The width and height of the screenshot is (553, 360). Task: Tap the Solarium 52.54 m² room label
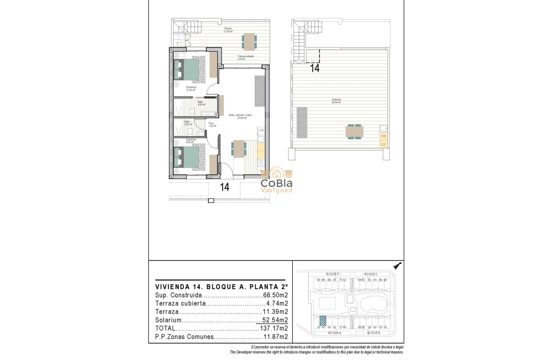[336, 101]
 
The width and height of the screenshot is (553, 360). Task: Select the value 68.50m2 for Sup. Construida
[275, 295]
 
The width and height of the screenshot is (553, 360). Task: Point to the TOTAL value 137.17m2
[273, 328]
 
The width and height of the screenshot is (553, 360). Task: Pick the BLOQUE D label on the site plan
[333, 274]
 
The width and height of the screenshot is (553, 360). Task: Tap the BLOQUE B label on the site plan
[373, 333]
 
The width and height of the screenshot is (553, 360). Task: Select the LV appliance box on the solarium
[383, 144]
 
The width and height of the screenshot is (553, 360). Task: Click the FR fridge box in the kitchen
[261, 130]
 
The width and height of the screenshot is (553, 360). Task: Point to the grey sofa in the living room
[260, 91]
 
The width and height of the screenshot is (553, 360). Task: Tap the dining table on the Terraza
[249, 41]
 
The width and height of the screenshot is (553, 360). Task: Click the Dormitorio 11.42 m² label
[191, 89]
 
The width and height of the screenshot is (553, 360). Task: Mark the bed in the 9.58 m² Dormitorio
[186, 157]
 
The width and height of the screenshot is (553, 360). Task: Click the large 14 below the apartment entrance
[225, 187]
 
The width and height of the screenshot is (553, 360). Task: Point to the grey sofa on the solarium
[302, 122]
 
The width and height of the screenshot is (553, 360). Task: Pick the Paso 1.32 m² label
[212, 125]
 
